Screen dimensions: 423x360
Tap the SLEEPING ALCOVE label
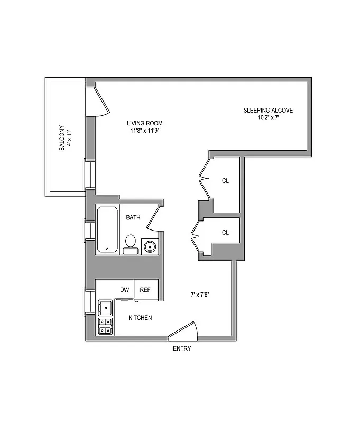pyautogui.click(x=268, y=111)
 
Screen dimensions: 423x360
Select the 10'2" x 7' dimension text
pyautogui.click(x=268, y=118)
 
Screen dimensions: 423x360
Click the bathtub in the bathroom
pyautogui.click(x=107, y=229)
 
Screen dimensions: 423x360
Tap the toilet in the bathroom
pyautogui.click(x=131, y=244)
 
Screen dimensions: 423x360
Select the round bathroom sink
pyautogui.click(x=150, y=246)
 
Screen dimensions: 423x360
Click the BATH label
pyautogui.click(x=133, y=217)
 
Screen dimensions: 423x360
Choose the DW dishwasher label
pyautogui.click(x=125, y=290)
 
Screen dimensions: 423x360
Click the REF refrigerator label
pyautogui.click(x=145, y=290)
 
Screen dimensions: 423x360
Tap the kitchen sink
pyautogui.click(x=105, y=307)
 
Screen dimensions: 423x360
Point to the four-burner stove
pyautogui.click(x=105, y=326)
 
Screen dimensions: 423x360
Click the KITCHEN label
pyautogui.click(x=141, y=318)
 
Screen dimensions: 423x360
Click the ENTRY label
pyautogui.click(x=182, y=348)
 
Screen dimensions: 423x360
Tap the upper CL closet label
pyautogui.click(x=226, y=181)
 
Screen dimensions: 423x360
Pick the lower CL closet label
pyautogui.click(x=226, y=232)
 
